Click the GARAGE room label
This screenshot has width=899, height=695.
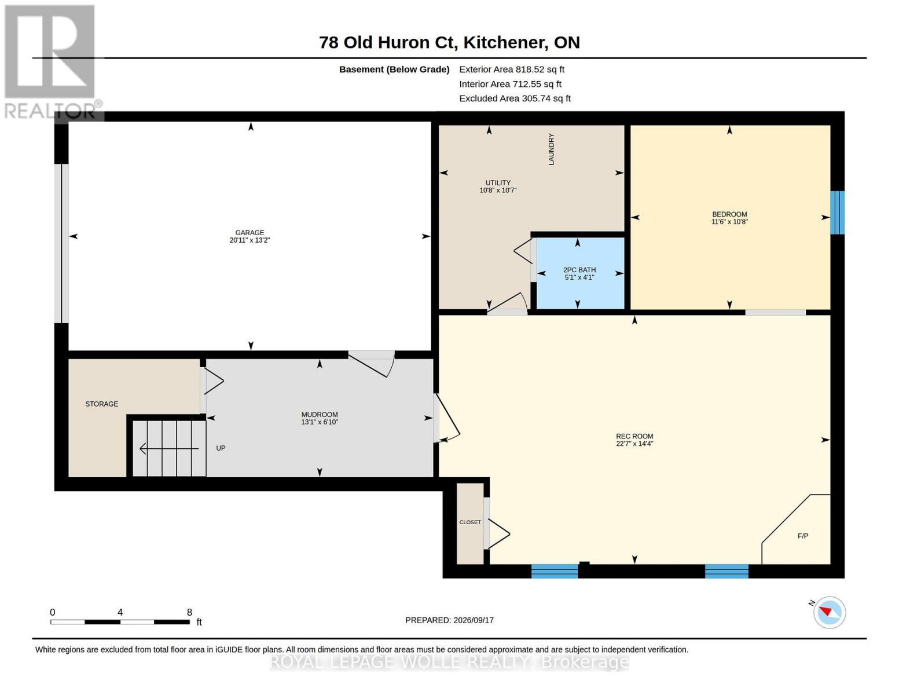point(249,233)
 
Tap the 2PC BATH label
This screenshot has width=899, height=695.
point(579,270)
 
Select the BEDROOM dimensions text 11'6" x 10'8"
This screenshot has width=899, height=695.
point(729,222)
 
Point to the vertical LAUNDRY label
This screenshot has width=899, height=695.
point(551,149)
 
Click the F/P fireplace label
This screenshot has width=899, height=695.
point(802,536)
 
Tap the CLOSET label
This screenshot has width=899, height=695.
point(470,522)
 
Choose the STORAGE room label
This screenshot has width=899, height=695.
point(101,404)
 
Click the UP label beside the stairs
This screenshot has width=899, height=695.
point(221,448)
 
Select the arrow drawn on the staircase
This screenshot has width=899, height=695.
point(169,448)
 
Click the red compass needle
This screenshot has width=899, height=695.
point(825,611)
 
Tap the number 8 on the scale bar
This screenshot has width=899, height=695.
point(189,612)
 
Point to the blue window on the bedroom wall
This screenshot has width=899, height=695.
point(838,213)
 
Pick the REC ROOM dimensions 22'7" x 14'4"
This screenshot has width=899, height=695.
point(634,444)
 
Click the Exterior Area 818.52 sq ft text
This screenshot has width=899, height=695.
point(512,69)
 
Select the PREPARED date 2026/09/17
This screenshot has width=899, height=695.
point(474,620)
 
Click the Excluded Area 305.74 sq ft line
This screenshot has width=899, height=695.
point(515,98)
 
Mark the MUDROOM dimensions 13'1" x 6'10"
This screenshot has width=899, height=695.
point(320,422)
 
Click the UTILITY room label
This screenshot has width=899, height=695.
point(498,182)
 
